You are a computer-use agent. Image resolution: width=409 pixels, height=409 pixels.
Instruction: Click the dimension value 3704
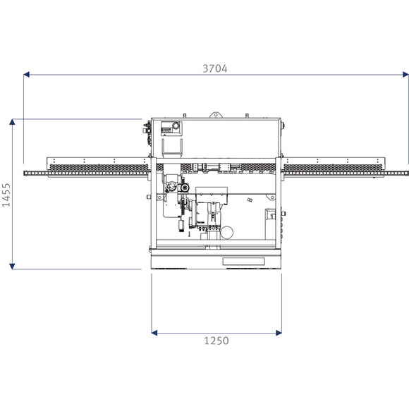click(216, 68)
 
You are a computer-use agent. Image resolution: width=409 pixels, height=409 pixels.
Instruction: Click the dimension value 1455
click(6, 194)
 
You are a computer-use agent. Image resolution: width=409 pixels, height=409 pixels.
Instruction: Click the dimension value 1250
click(216, 341)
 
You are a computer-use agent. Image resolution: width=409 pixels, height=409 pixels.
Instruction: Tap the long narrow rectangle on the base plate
click(243, 261)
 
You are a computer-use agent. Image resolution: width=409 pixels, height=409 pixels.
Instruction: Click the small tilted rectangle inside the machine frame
click(250, 200)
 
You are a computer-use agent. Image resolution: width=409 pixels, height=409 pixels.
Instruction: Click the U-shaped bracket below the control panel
click(173, 147)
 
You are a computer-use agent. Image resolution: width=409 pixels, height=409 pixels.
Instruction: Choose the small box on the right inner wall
click(270, 216)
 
